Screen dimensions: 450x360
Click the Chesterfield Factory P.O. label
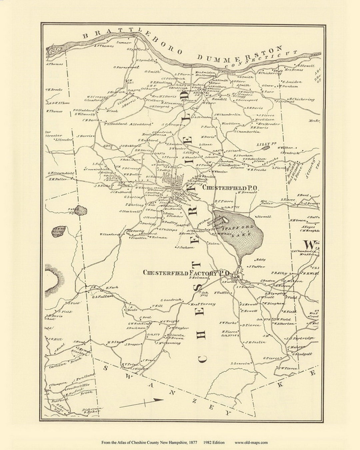tap(187, 273)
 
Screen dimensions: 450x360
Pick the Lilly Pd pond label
tap(267, 144)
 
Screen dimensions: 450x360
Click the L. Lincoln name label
tap(240, 363)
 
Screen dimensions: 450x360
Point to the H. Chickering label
tap(301, 99)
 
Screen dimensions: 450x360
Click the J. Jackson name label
tap(185, 248)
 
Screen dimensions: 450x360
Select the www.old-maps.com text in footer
tap(251, 443)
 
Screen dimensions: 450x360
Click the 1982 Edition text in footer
tap(214, 443)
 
